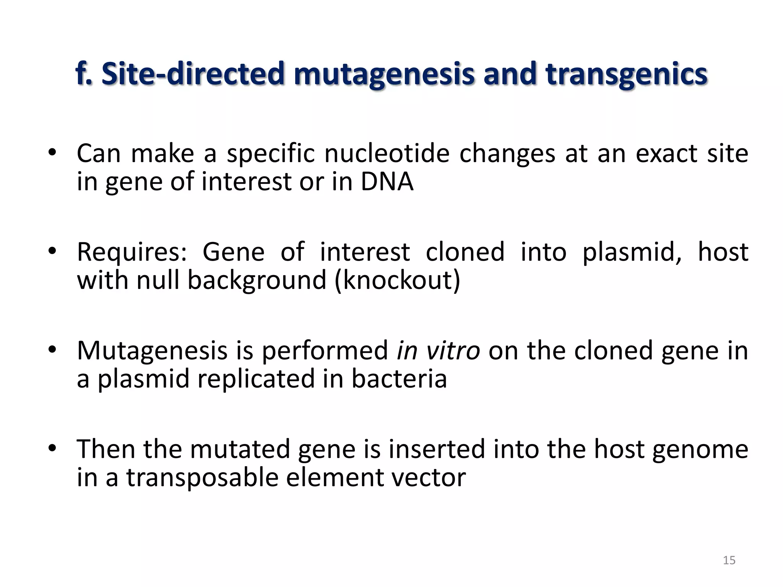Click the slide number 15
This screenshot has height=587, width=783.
tap(729, 560)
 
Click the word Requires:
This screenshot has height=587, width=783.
tap(132, 253)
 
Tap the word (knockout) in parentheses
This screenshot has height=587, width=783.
tap(398, 280)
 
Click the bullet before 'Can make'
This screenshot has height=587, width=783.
tap(52, 153)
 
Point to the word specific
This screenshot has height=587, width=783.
tap(271, 154)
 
